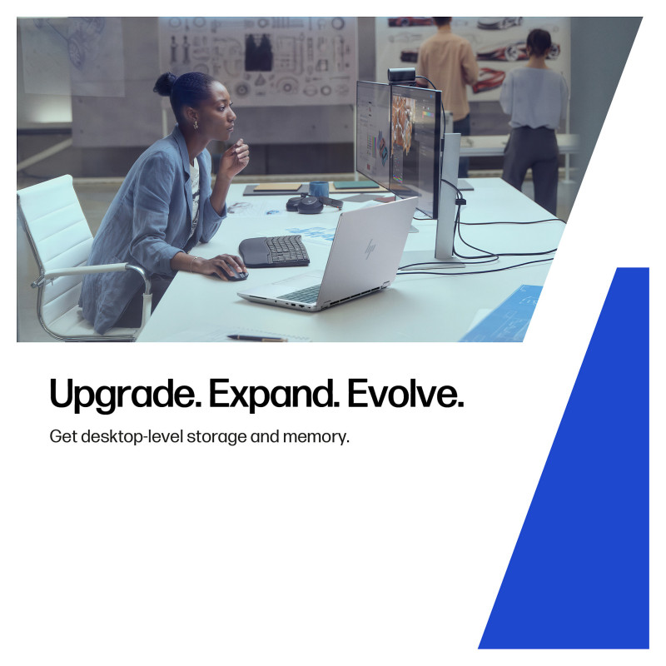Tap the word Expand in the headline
(274, 394)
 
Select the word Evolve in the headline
(405, 393)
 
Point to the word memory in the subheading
(316, 436)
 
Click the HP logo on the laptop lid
(370, 249)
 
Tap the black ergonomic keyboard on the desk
(275, 251)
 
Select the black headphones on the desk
(314, 203)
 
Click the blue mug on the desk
(319, 189)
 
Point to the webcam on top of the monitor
(401, 74)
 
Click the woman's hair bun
(165, 84)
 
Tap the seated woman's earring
(196, 125)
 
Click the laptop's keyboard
(300, 294)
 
